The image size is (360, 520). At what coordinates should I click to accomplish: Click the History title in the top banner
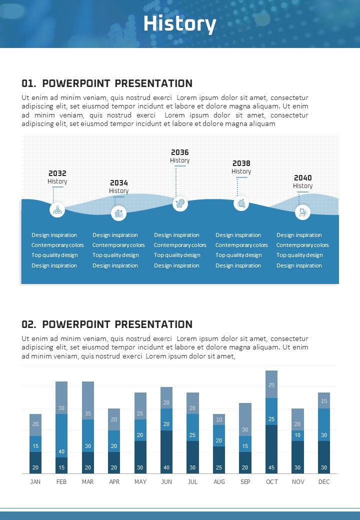179,24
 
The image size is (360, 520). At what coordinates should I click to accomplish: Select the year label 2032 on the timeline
57,173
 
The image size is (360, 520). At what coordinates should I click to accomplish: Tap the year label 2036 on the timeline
180,152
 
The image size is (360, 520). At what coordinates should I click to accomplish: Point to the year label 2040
302,178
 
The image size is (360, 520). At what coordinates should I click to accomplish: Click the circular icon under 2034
118,213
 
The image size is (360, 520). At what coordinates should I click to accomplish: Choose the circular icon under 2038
241,203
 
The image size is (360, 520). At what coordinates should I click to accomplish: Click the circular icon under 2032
57,209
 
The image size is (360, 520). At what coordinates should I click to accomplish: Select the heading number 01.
28,83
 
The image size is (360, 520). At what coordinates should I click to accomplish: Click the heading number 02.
28,324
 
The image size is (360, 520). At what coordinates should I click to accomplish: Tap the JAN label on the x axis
35,481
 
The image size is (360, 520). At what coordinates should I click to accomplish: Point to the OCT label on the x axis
271,481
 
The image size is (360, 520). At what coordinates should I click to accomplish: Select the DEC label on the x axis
324,481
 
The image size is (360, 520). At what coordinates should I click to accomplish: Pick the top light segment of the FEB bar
61,397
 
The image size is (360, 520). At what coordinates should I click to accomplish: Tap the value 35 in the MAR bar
88,413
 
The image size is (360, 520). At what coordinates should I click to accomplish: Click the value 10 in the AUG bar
219,419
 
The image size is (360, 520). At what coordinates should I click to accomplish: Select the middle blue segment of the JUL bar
193,427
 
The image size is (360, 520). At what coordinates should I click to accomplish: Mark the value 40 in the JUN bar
166,467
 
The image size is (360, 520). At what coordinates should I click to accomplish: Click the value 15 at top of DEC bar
324,401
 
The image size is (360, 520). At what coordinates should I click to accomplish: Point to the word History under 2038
241,171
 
